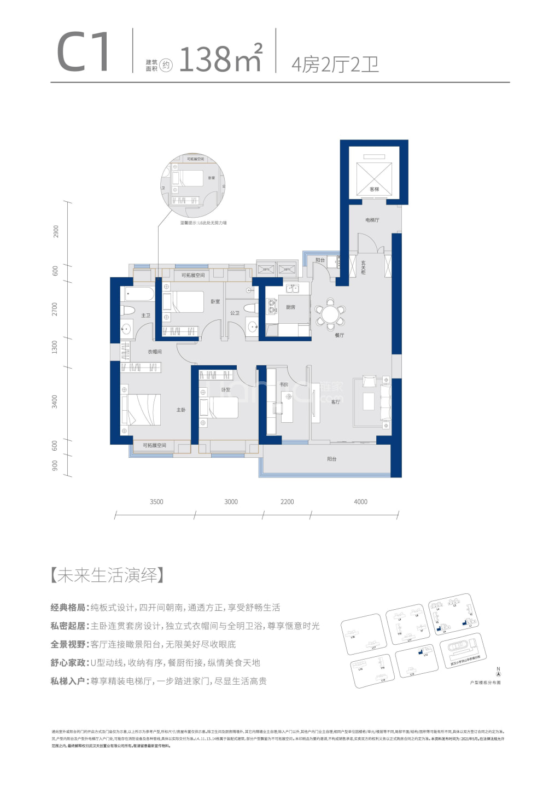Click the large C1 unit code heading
(84, 52)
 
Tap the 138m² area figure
(220, 59)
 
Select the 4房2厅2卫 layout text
(335, 65)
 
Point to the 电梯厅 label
(372, 220)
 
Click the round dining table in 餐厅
(330, 314)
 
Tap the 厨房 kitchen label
(290, 307)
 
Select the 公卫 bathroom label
(235, 313)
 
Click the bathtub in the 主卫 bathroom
(139, 294)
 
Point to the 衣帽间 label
(154, 352)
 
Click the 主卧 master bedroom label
(181, 410)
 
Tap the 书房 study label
(284, 384)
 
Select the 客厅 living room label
(336, 401)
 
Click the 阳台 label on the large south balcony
(332, 459)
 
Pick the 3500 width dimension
(156, 502)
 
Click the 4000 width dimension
(360, 502)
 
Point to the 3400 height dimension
(55, 401)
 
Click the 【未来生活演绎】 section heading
(107, 575)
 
